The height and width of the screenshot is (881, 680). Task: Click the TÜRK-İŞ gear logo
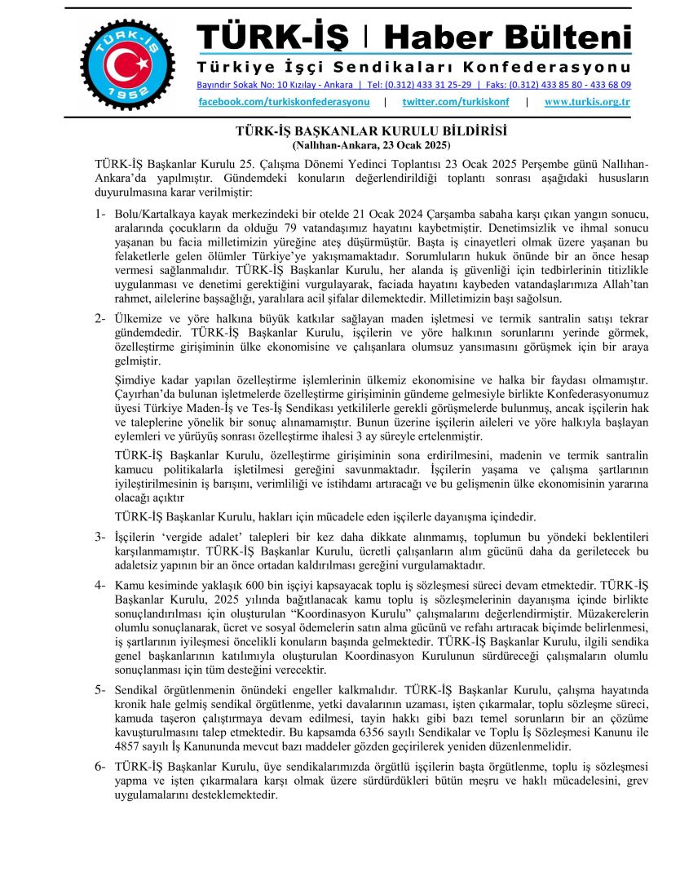pyautogui.click(x=127, y=59)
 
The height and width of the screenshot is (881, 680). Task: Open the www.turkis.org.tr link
pyautogui.click(x=587, y=102)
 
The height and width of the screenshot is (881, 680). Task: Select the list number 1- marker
pyautogui.click(x=100, y=214)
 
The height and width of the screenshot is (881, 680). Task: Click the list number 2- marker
pyautogui.click(x=100, y=317)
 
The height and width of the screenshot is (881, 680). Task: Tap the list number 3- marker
pyautogui.click(x=100, y=537)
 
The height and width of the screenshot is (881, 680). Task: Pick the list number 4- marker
pyautogui.click(x=100, y=586)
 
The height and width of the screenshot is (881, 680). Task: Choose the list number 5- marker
pyautogui.click(x=100, y=689)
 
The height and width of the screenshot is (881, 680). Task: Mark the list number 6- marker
pyautogui.click(x=100, y=767)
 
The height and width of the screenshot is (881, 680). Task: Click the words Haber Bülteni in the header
pyautogui.click(x=507, y=37)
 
